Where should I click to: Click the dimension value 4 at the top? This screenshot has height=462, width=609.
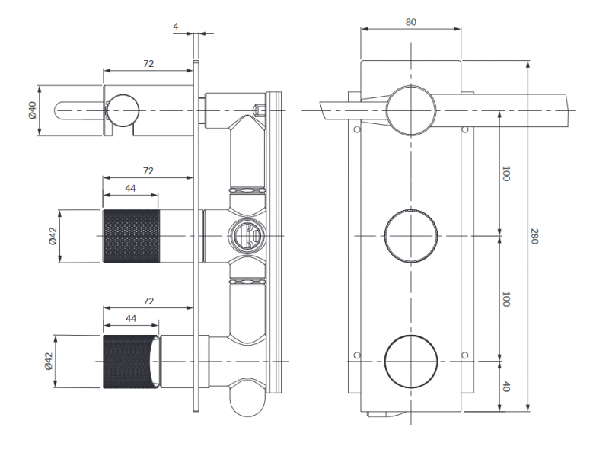tap(176, 27)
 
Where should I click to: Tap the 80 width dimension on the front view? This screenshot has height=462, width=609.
tap(410, 22)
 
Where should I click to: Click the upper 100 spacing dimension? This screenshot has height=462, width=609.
tap(506, 173)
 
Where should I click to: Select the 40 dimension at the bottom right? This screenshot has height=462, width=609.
tap(506, 386)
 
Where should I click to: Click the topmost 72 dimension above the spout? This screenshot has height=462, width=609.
tap(148, 64)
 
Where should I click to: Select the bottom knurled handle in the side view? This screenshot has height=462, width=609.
tap(131, 362)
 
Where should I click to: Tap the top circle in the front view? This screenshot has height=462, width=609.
tap(411, 111)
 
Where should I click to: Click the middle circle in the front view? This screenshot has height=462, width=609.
tap(411, 236)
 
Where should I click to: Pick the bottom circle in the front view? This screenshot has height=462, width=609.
tap(411, 361)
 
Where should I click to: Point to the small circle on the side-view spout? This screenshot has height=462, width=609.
tap(123, 111)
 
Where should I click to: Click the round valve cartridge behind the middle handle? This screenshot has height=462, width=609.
tap(245, 235)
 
